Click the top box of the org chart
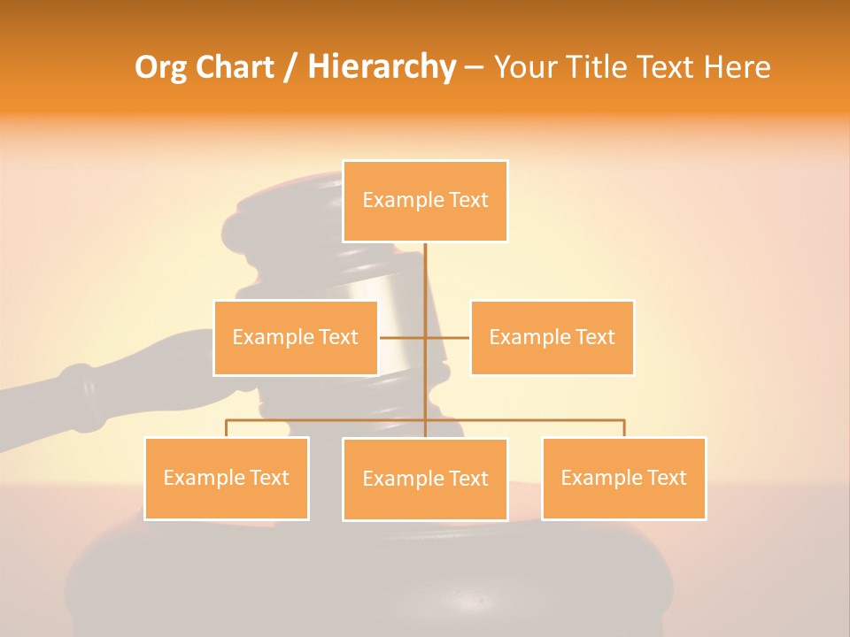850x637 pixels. point(425,201)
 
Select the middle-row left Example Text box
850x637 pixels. point(296,337)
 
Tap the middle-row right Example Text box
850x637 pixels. point(552,337)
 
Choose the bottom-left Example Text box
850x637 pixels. point(227,478)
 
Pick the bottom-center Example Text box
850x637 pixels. point(425,479)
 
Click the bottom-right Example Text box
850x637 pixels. point(623,478)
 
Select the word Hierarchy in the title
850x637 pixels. point(382,67)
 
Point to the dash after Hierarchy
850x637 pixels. point(474,68)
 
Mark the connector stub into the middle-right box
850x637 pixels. point(448,337)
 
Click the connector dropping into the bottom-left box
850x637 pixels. point(227,428)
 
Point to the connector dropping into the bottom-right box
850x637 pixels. point(623,428)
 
